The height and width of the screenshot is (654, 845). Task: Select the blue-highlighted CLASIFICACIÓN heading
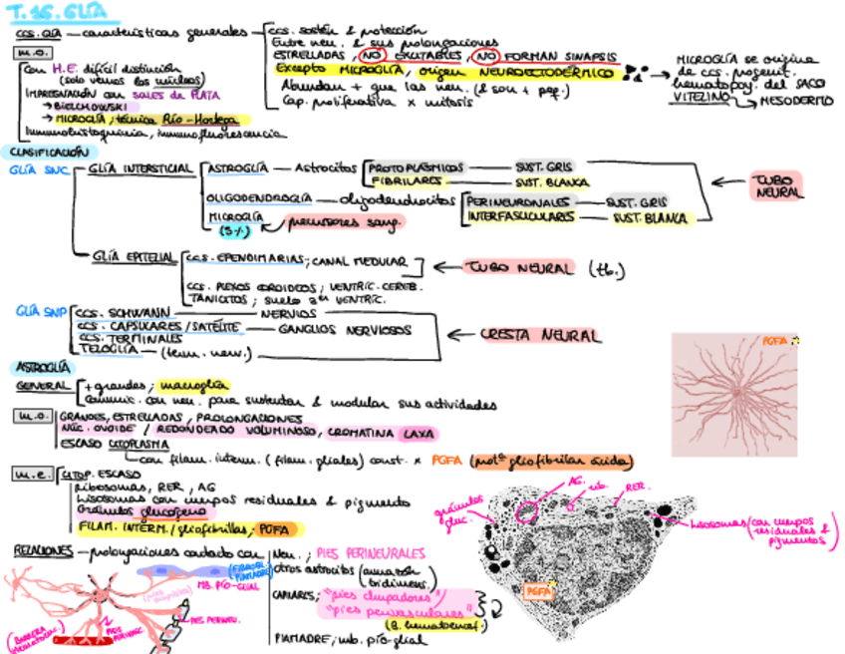(43, 152)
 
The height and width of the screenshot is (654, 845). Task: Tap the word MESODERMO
(798, 101)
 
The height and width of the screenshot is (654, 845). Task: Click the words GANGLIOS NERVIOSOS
(344, 328)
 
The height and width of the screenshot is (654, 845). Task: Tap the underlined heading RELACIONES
(43, 550)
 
